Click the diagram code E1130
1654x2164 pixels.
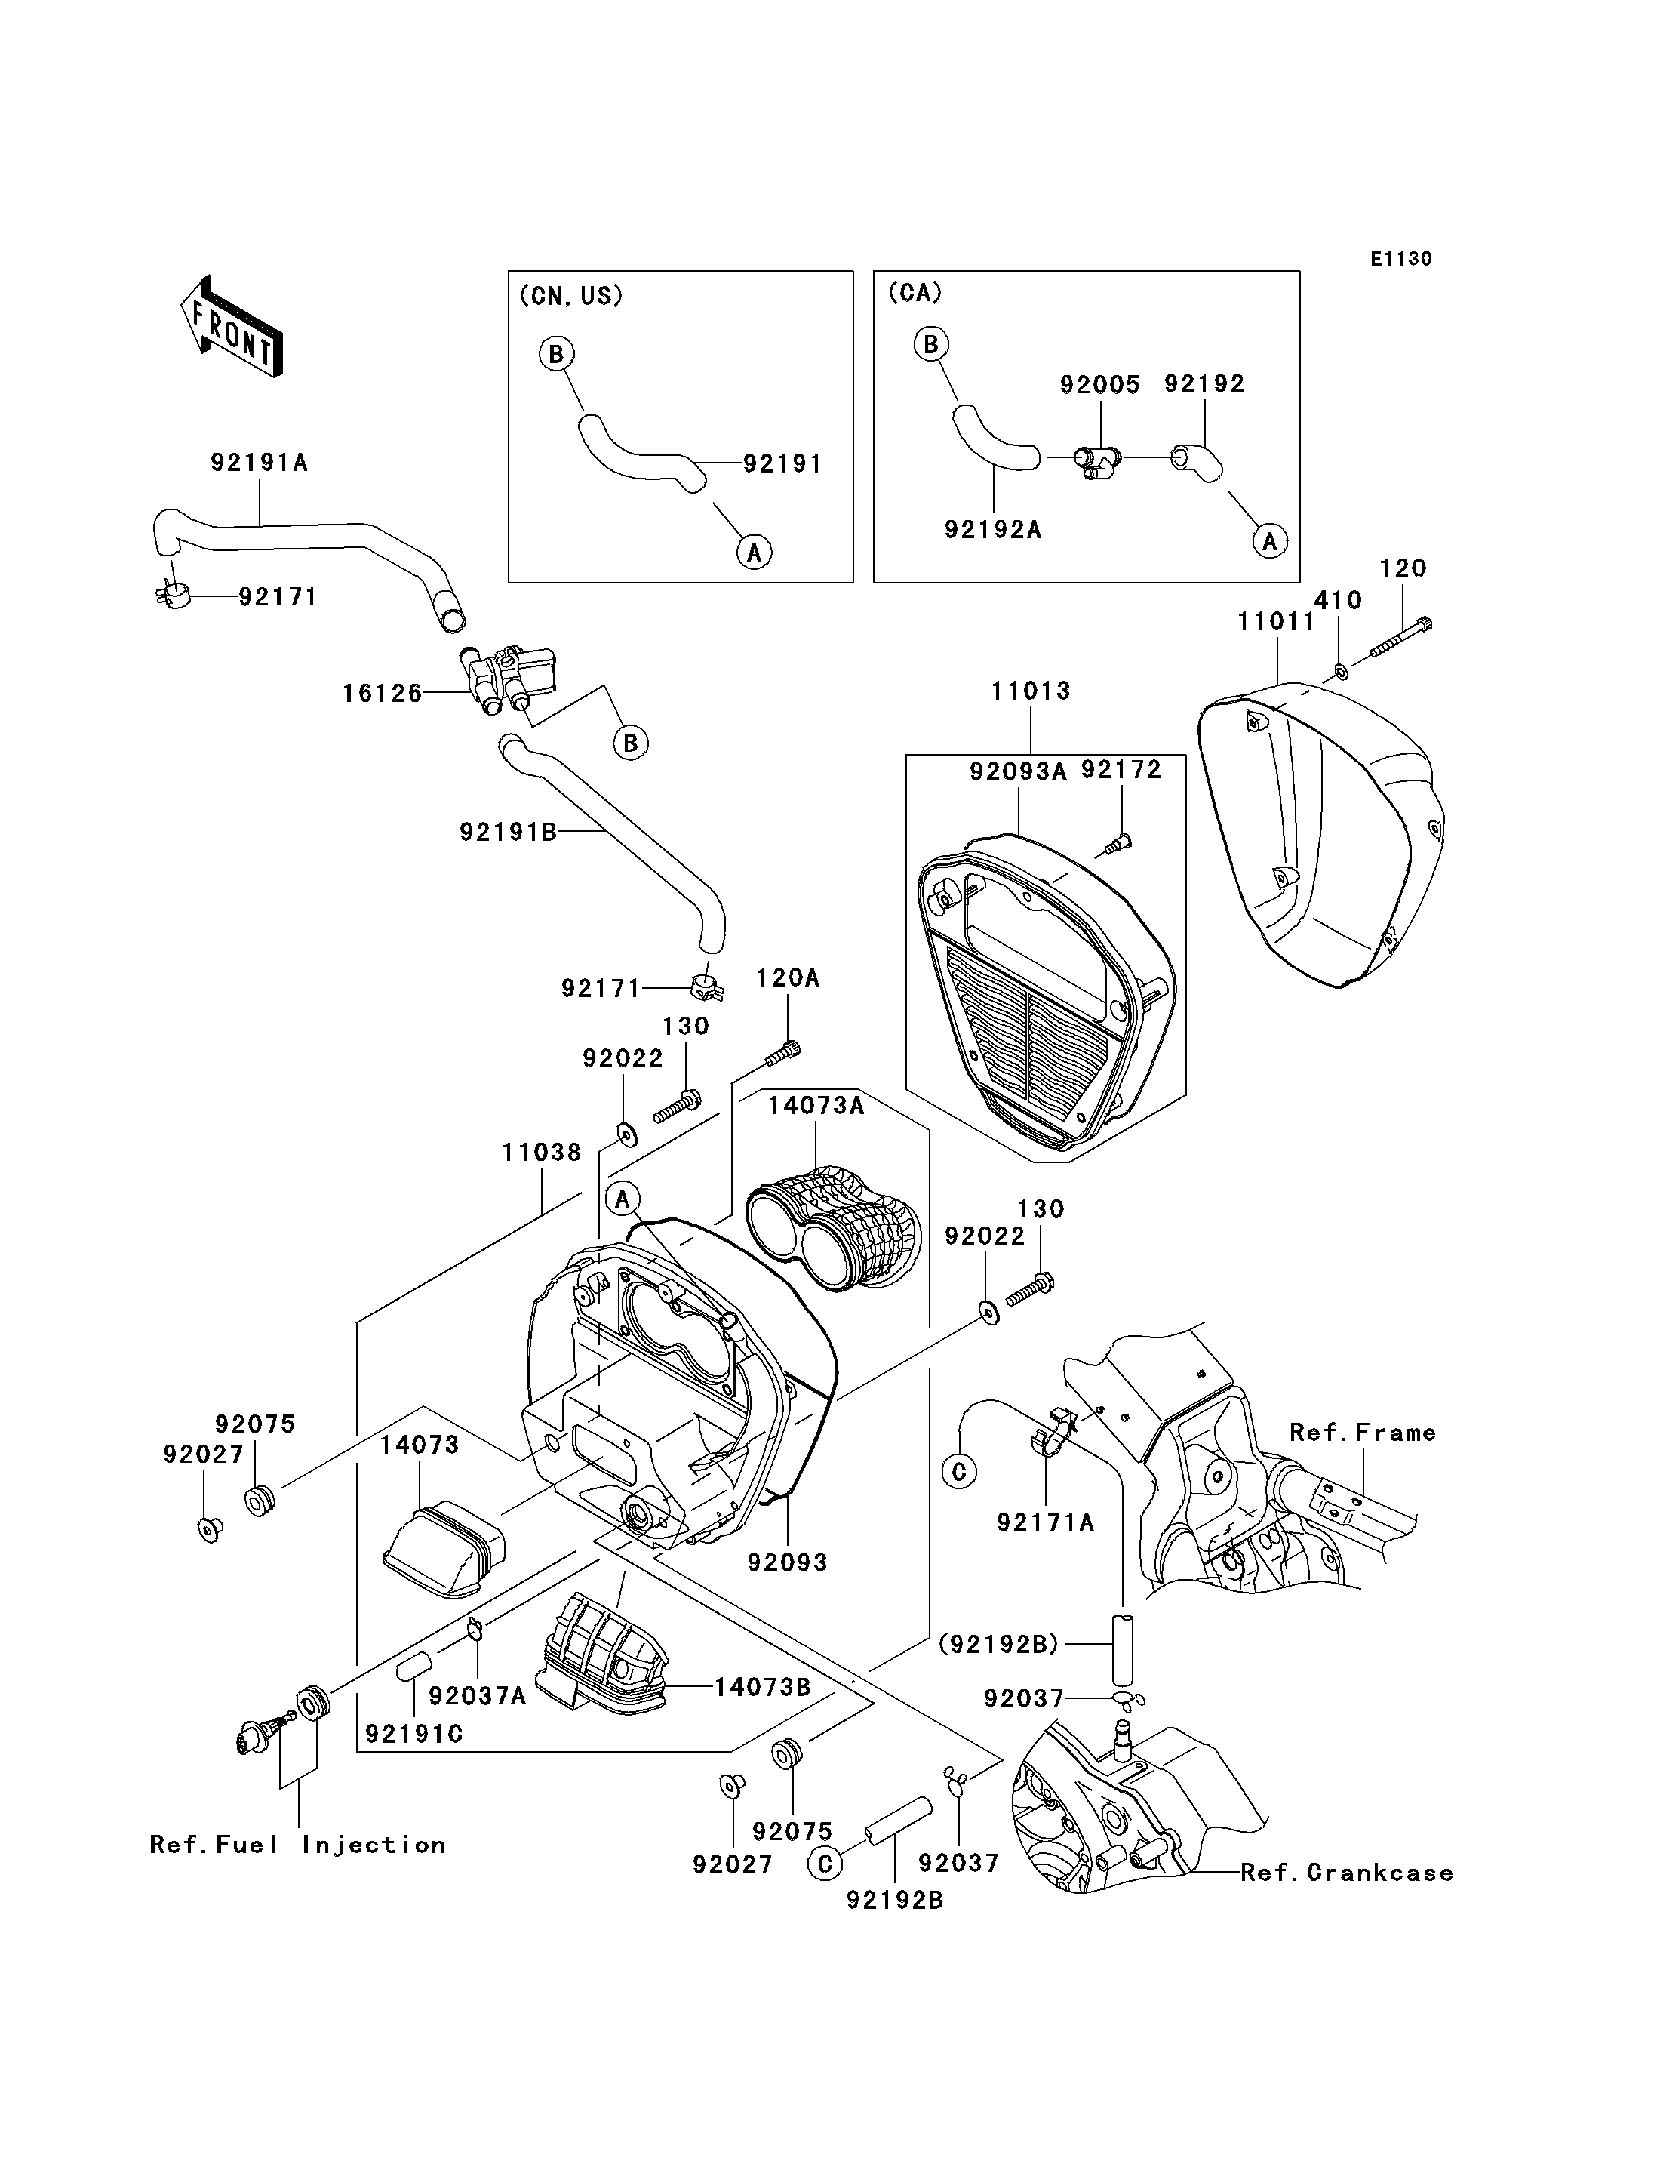tap(1401, 259)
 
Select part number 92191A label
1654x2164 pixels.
tap(259, 463)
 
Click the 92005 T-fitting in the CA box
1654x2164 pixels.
tap(1095, 460)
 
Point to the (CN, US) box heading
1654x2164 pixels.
tap(571, 295)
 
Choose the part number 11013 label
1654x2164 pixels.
tap(1031, 691)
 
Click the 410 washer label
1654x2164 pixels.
tap(1338, 600)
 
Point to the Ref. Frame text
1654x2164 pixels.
tap(1363, 1432)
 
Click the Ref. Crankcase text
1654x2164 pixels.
tap(1347, 1873)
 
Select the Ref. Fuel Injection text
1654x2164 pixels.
tap(297, 1845)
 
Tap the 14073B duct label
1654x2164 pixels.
tap(762, 1686)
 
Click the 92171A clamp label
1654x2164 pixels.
tap(1046, 1522)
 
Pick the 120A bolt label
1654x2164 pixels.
tap(788, 978)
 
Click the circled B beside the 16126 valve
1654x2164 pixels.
tap(631, 743)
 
